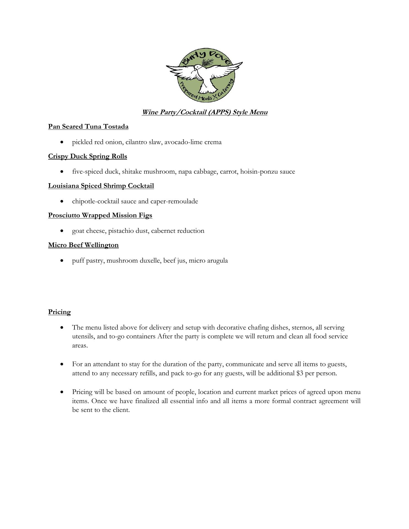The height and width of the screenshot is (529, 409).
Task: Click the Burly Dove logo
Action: (x=204, y=74)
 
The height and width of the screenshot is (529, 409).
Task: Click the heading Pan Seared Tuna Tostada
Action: (x=88, y=126)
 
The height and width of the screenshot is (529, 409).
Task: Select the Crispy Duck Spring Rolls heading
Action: (x=88, y=156)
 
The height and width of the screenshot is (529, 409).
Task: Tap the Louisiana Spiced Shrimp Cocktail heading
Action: (x=101, y=186)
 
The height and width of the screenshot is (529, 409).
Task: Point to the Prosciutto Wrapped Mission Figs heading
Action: (x=100, y=215)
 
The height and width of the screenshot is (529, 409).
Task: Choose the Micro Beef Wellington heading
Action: (x=83, y=245)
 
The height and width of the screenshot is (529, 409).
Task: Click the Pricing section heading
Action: (x=59, y=312)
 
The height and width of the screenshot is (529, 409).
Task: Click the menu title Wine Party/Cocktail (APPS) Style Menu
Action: (x=204, y=112)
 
